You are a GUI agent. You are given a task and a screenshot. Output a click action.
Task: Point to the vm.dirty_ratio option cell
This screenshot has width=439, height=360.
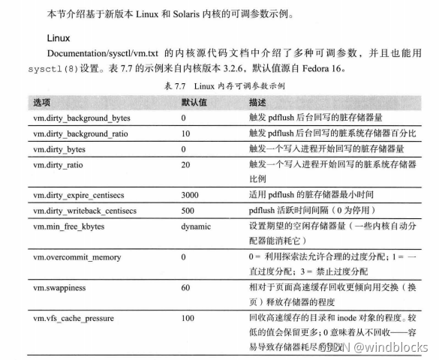tap(62, 164)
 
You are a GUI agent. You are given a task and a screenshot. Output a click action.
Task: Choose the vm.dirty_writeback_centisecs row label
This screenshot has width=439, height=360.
tap(84, 209)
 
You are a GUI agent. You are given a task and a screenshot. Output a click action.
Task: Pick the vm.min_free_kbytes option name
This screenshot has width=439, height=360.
tap(71, 225)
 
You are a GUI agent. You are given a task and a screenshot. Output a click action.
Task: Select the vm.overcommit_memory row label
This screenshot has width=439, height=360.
tap(77, 257)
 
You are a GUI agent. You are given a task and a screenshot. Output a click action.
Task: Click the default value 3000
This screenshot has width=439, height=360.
tap(190, 194)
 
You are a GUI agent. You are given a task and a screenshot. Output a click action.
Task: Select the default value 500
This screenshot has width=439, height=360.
tap(188, 209)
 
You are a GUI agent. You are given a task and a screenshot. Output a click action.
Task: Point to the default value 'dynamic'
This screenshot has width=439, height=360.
tap(195, 225)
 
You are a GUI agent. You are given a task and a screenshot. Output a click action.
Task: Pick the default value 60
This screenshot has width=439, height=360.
tap(185, 287)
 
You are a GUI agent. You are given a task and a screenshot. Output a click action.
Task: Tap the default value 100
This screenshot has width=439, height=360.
tap(188, 319)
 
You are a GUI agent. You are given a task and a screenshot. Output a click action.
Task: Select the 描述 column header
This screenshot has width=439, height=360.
tap(257, 102)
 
